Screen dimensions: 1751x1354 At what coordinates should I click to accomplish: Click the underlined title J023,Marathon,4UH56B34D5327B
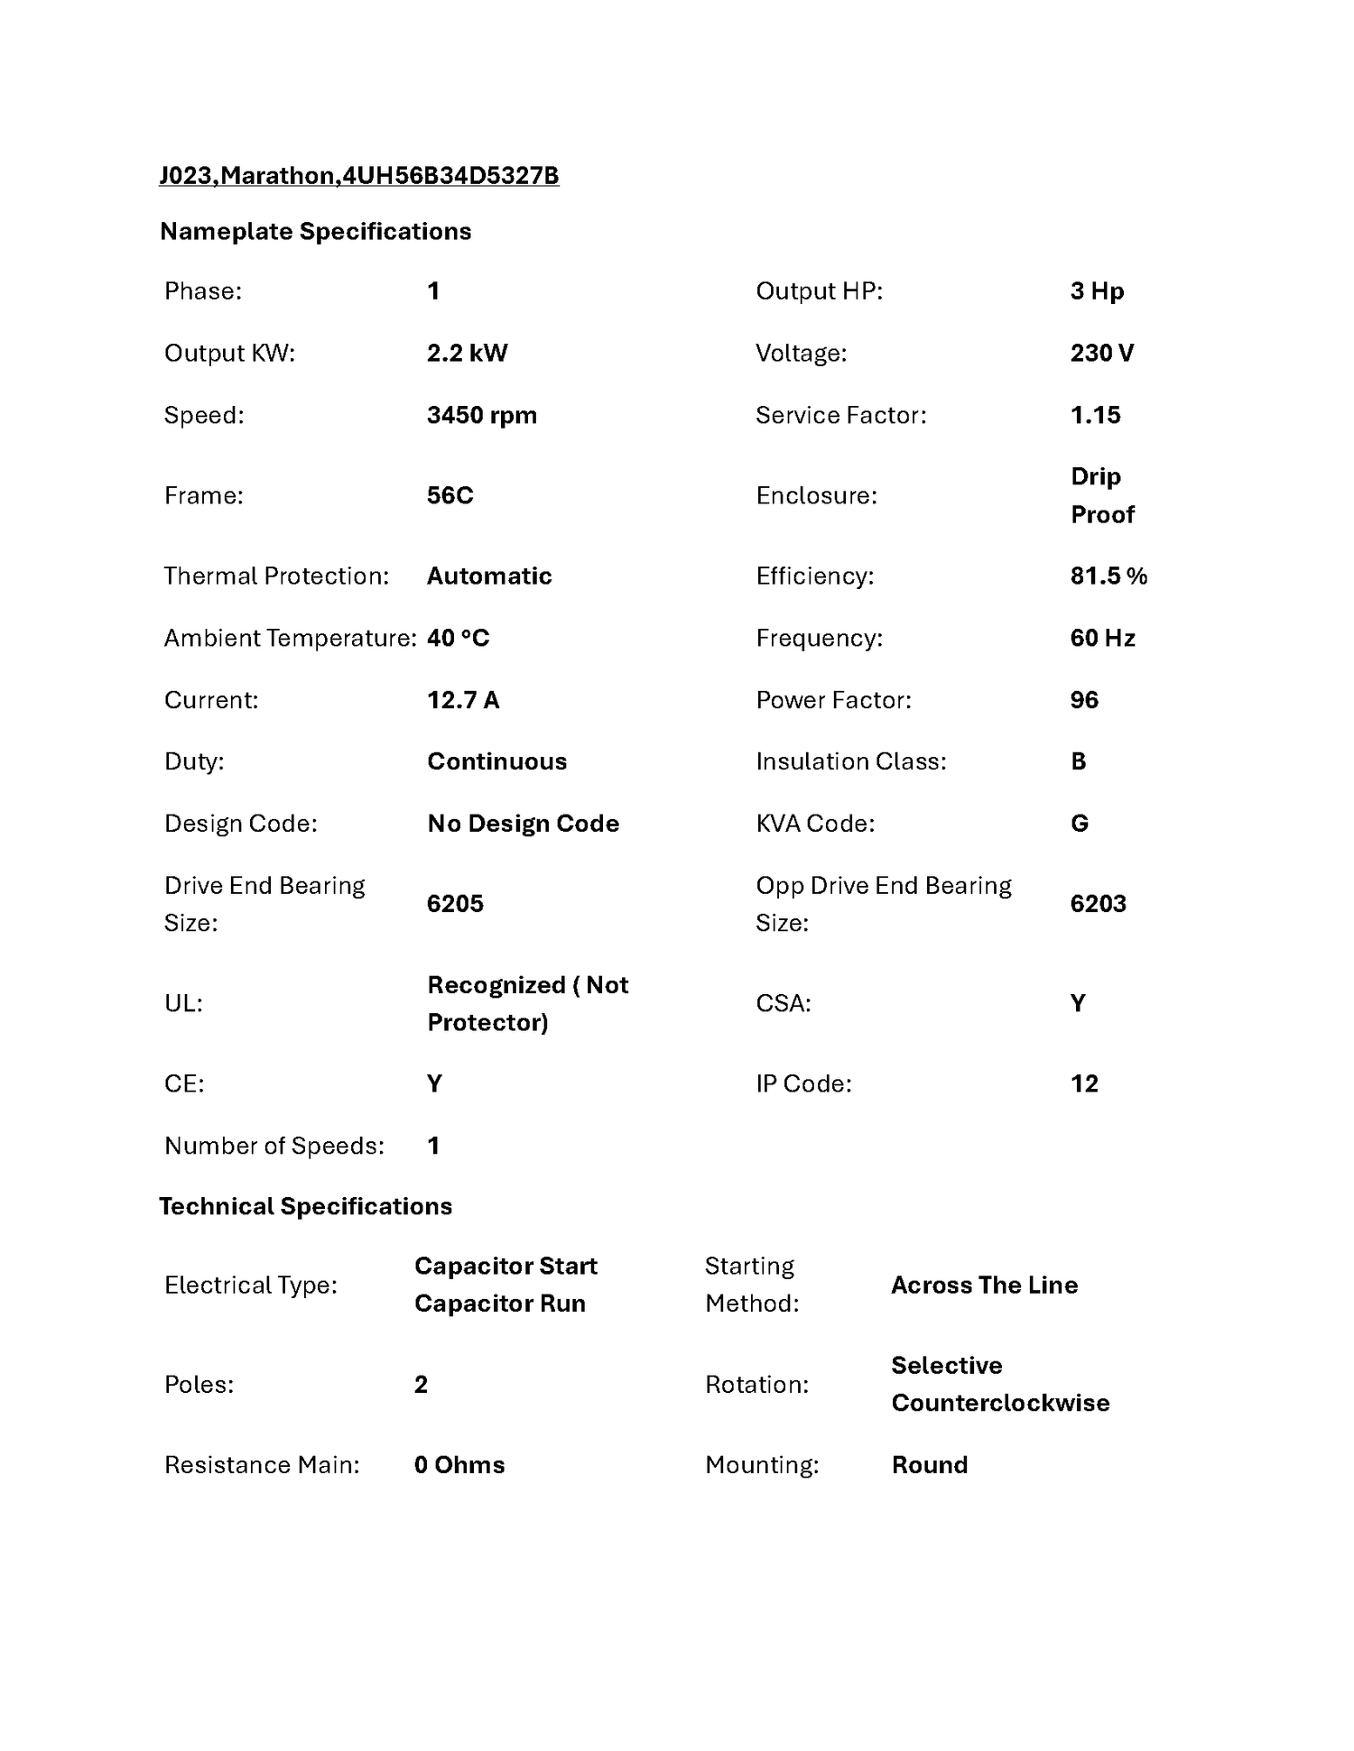point(358,175)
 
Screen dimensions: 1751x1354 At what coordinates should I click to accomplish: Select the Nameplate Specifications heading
point(315,232)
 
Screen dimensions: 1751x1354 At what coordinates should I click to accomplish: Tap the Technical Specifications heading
point(305,1206)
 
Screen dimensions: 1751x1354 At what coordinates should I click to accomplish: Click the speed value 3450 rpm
point(481,415)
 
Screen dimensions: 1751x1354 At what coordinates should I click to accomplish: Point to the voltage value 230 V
point(1101,353)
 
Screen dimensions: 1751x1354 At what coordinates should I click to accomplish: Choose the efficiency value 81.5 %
point(1108,576)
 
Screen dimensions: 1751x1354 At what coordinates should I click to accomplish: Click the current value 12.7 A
point(462,700)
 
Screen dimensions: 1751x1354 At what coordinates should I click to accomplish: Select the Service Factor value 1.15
point(1095,415)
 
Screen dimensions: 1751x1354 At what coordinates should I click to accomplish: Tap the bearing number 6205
point(455,904)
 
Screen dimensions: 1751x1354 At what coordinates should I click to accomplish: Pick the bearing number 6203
point(1098,904)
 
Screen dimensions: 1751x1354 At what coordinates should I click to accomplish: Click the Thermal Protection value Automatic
point(489,576)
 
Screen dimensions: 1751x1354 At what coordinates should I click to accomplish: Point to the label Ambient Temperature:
point(290,638)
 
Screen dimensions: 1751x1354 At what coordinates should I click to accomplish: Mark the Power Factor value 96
point(1084,700)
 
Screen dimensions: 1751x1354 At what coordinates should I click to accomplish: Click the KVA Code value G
point(1079,824)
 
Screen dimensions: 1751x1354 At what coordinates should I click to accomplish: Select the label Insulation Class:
point(850,761)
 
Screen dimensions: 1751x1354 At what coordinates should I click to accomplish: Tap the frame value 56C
point(450,495)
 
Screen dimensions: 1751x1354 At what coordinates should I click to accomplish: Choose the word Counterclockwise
point(1000,1403)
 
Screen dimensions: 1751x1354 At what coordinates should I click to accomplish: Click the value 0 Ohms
point(459,1464)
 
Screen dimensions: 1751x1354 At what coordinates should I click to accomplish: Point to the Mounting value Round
point(929,1464)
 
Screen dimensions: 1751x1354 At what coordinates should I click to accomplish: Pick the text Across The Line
point(984,1285)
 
